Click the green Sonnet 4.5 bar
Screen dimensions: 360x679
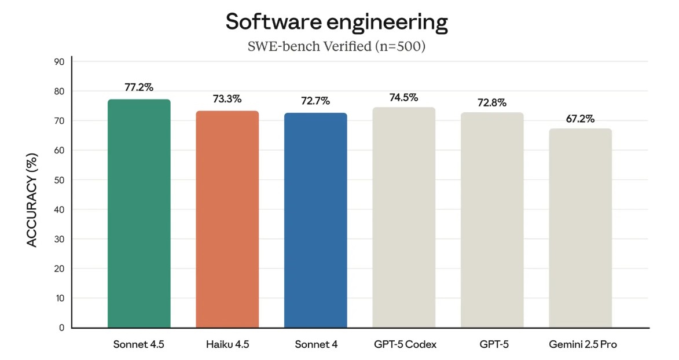(139, 214)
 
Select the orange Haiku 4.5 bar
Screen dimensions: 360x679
(227, 219)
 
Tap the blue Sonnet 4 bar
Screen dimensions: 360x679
(315, 221)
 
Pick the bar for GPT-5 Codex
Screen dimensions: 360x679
(404, 218)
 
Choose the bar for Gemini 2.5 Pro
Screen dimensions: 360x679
(581, 228)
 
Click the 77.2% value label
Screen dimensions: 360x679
(139, 87)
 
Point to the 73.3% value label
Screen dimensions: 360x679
(227, 99)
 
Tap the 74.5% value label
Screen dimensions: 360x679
(403, 97)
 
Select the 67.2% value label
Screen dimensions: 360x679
(580, 119)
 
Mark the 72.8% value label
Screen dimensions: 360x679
(492, 102)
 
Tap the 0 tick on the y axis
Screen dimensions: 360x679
(61, 328)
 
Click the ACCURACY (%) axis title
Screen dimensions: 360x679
(32, 200)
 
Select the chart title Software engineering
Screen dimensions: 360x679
(336, 22)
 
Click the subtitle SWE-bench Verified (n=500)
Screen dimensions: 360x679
(336, 46)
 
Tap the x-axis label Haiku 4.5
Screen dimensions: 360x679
(227, 344)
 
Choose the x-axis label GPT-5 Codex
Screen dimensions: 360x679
(405, 344)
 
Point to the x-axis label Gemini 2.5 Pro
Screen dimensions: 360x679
(582, 344)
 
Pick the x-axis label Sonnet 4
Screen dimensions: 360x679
(315, 344)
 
